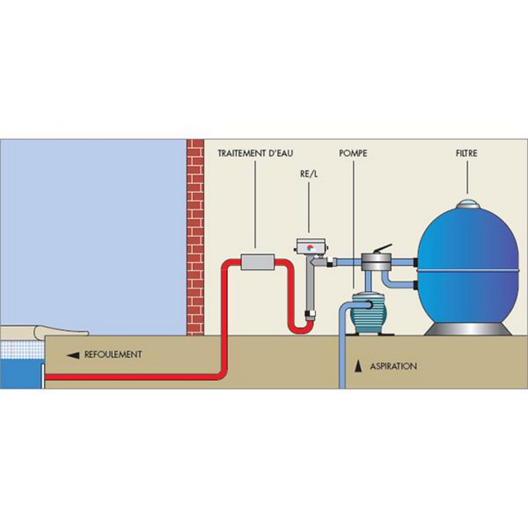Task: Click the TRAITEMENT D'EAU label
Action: pyautogui.click(x=256, y=154)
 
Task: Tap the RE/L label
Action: pyautogui.click(x=308, y=174)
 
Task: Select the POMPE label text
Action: pyautogui.click(x=353, y=154)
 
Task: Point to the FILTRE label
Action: pyautogui.click(x=467, y=154)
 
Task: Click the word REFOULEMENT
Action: pyautogui.click(x=113, y=354)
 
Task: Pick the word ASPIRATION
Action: pyautogui.click(x=393, y=366)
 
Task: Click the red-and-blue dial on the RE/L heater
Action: pyautogui.click(x=311, y=247)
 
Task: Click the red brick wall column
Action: pyautogui.click(x=195, y=238)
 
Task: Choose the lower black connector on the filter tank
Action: pyautogui.click(x=416, y=285)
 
